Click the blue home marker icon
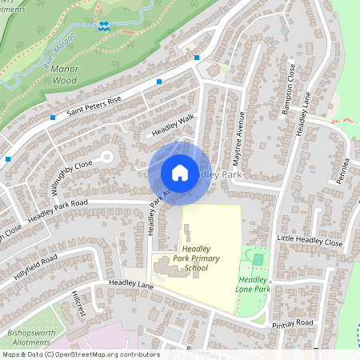tap(180, 173)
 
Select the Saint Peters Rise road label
tap(94, 103)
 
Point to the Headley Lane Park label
tap(254, 284)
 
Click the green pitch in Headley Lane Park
tap(258, 260)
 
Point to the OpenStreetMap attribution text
tap(80, 354)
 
